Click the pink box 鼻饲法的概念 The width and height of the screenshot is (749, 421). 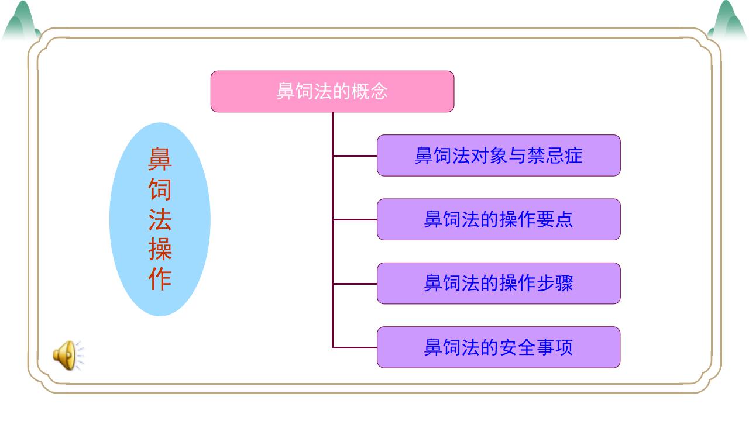332,91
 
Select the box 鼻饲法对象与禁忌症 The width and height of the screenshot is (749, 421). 498,156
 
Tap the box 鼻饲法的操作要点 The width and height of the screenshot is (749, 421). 498,219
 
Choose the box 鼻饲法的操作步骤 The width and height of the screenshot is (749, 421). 498,283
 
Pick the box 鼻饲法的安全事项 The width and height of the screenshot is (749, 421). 498,347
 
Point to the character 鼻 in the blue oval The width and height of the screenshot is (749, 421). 160,158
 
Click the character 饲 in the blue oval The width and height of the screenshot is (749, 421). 160,189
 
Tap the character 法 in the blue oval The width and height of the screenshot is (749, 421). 160,220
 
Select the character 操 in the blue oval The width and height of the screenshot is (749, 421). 160,250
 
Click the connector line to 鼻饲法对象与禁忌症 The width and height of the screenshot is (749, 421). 355,156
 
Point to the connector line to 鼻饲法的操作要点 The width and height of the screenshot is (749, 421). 355,219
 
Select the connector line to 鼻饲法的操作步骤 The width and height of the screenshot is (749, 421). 355,283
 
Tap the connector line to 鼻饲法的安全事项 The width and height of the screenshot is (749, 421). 355,347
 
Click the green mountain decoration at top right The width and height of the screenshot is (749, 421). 727,21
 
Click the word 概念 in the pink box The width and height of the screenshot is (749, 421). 369,91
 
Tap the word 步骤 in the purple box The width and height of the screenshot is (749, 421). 555,283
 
